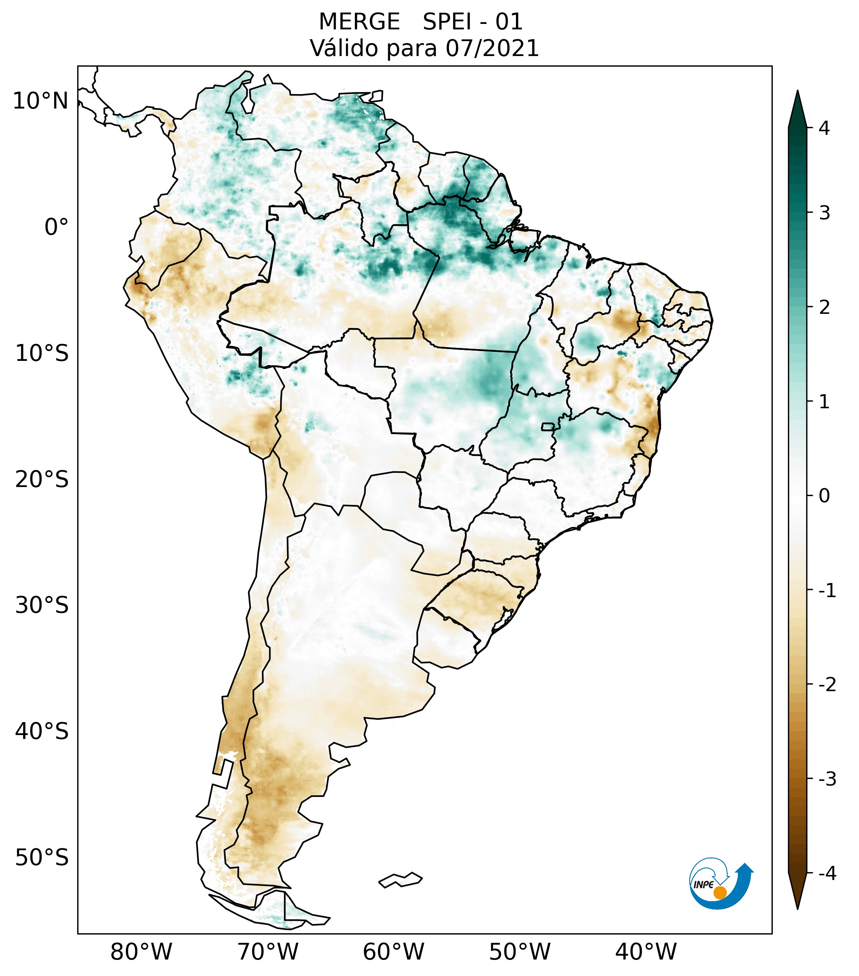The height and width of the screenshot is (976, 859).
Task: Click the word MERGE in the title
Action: click(359, 22)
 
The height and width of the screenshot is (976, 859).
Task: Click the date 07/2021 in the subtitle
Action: click(492, 48)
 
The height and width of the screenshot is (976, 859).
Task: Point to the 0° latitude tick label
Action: click(56, 227)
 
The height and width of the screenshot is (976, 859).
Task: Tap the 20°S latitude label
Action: click(42, 480)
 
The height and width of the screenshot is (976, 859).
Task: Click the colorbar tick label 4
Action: click(824, 128)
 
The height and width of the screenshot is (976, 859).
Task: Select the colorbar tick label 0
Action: click(824, 496)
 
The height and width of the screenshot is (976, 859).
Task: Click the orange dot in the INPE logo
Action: click(719, 893)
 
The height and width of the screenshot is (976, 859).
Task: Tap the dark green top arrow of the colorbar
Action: click(797, 110)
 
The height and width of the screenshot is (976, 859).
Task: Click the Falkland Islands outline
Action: click(400, 880)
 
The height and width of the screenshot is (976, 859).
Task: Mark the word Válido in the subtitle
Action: click(340, 48)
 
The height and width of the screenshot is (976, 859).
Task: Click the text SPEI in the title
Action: click(447, 22)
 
